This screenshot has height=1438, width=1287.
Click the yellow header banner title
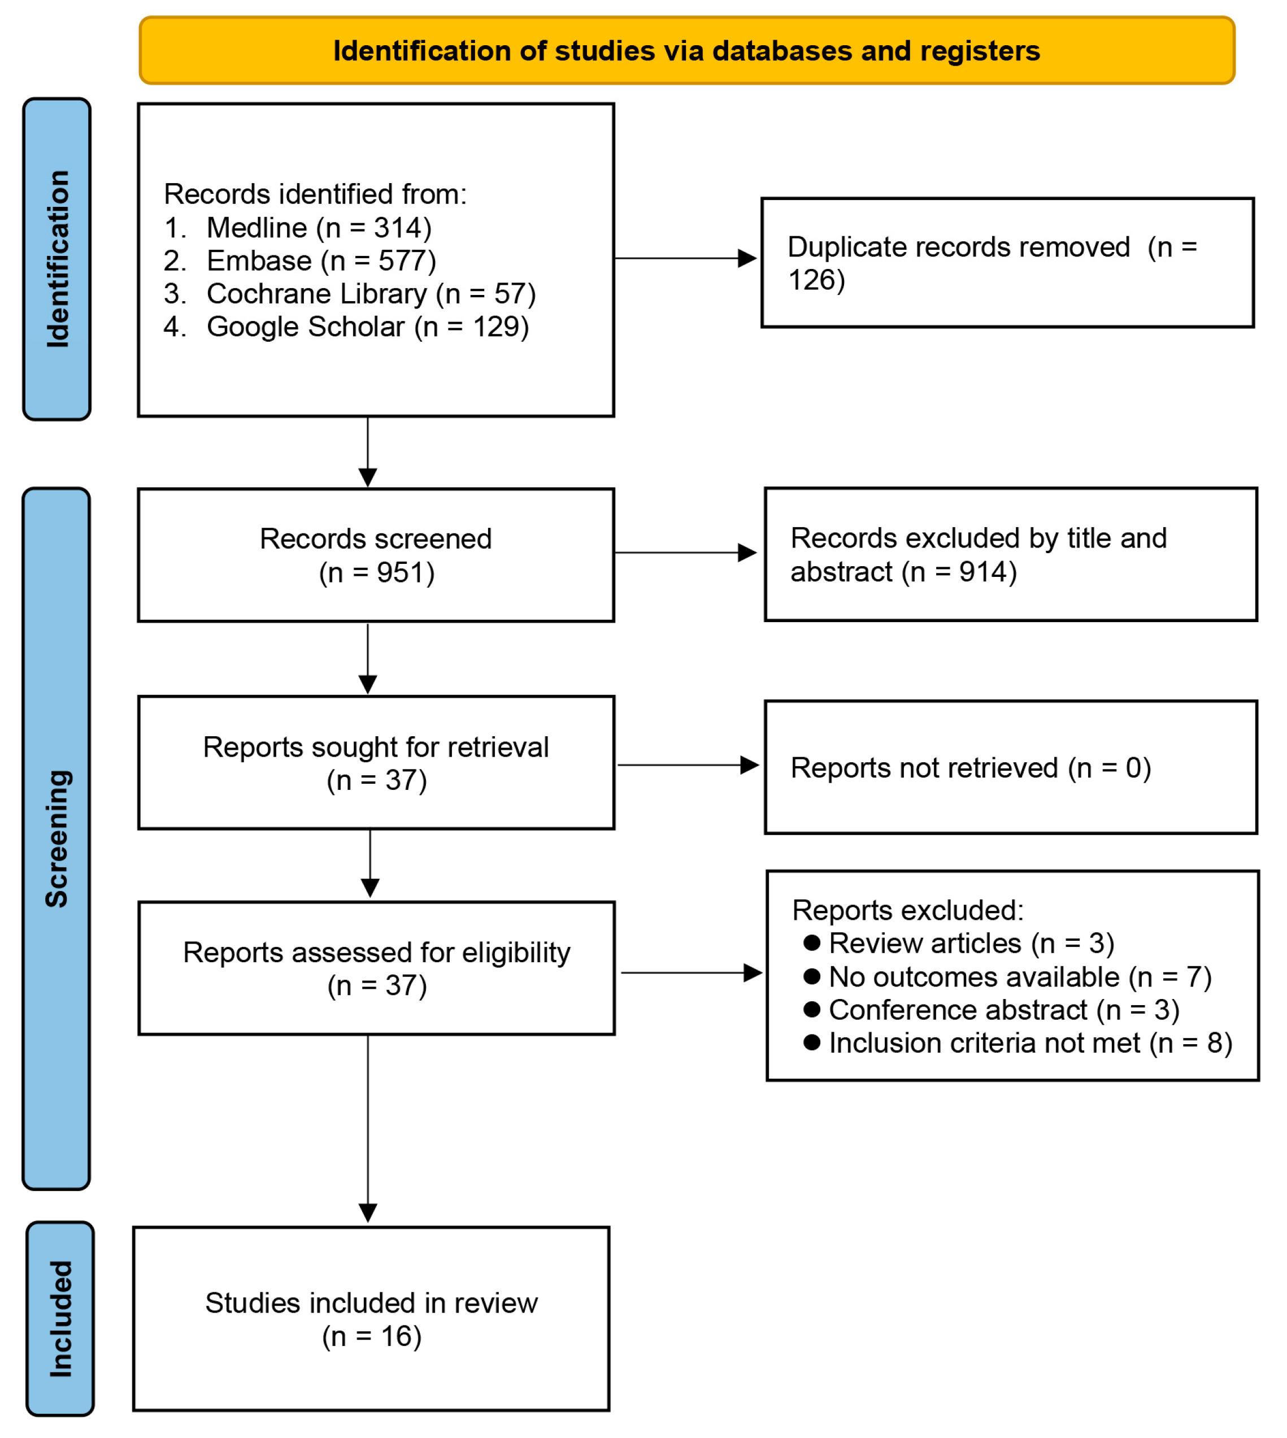tap(686, 51)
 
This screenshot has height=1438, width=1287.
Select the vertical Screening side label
tap(56, 838)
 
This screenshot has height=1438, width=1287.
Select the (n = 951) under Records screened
tap(376, 572)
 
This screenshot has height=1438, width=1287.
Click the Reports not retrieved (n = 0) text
tap(970, 767)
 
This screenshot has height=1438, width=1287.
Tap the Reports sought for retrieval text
tap(376, 747)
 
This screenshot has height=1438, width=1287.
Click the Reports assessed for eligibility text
tap(376, 952)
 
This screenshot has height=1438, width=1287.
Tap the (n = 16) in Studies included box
tap(371, 1336)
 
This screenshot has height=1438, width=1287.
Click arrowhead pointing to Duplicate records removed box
tap(747, 258)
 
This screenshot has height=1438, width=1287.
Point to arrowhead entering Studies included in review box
tap(368, 1213)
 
